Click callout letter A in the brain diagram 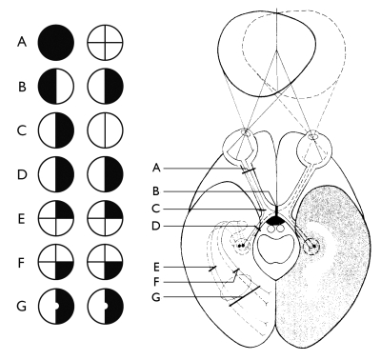pos(155,168)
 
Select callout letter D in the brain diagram pos(155,225)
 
